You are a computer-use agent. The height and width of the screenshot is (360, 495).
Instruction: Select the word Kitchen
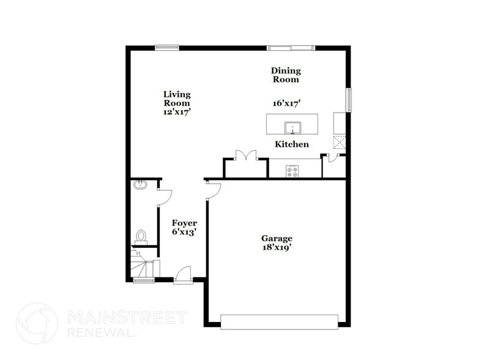[x=291, y=144]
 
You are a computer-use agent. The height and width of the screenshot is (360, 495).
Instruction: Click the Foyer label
[x=184, y=223]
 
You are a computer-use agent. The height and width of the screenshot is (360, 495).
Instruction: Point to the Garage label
[x=277, y=239]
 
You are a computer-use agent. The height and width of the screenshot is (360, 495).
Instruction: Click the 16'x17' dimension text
[x=286, y=104]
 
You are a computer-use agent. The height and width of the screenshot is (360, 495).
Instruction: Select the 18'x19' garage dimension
[x=277, y=248]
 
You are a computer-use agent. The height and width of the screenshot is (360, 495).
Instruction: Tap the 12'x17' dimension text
[x=177, y=112]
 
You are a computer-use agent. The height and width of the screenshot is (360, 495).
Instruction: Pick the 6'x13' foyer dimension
[x=184, y=233]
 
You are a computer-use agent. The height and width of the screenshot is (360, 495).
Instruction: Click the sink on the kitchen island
[x=294, y=128]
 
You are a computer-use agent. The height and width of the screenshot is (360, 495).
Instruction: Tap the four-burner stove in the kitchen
[x=292, y=171]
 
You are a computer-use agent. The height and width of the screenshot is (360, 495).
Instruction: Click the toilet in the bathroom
[x=142, y=236]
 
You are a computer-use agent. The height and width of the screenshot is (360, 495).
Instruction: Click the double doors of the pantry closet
[x=246, y=156]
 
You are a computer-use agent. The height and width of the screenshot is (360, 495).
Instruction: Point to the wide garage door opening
[x=278, y=321]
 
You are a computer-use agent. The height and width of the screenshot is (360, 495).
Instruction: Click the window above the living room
[x=166, y=47]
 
